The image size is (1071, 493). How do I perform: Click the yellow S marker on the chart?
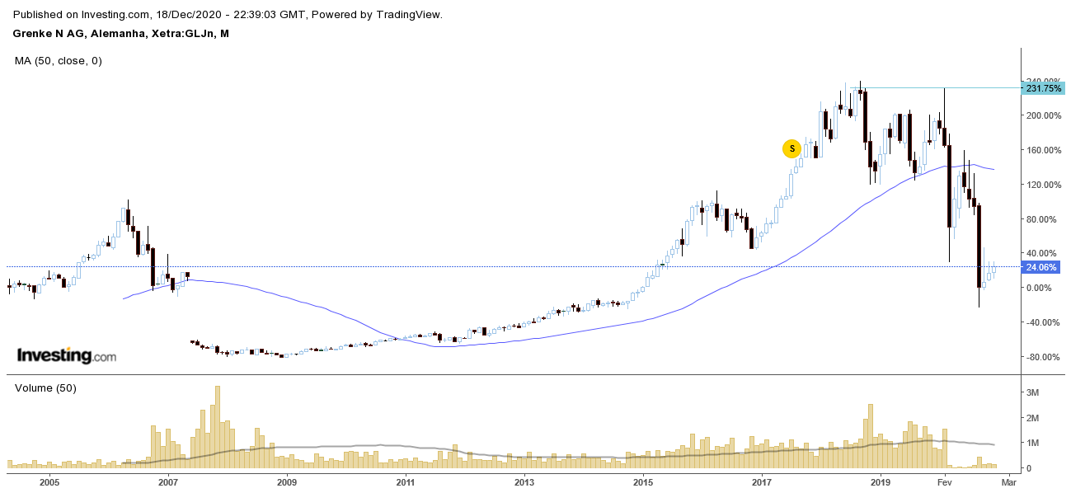pos(792,149)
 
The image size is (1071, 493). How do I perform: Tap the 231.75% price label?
pos(1043,88)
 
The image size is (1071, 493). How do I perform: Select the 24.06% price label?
pos(1040,267)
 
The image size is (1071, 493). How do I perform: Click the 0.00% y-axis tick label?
pos(1037,288)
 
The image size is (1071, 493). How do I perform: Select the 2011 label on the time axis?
pos(405,481)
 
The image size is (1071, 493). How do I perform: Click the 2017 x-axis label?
pos(761,481)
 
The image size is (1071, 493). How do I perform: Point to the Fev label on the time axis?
pos(945,481)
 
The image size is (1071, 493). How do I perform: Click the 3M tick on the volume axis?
pos(1032,393)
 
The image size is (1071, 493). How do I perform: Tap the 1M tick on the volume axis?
pos(1032,444)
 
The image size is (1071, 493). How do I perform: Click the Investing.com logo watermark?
pos(67,356)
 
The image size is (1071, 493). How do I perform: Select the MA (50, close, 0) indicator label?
pos(59,60)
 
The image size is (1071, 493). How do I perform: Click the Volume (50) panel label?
pos(45,388)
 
